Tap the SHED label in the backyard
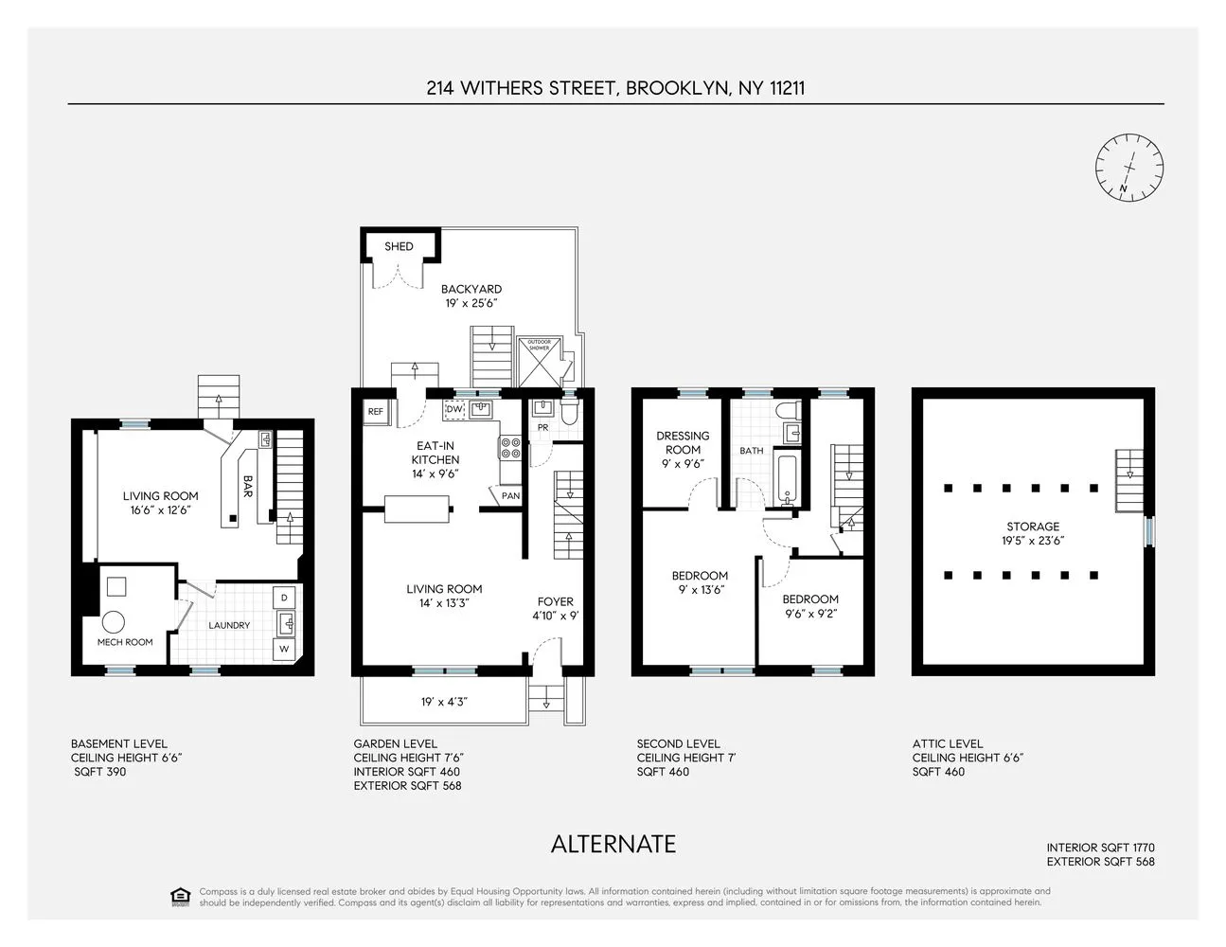pos(399,246)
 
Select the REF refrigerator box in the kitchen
pos(376,412)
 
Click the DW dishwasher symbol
pos(455,409)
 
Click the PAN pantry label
pos(509,496)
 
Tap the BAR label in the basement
pos(247,485)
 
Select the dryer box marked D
pos(284,599)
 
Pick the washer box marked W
pos(284,649)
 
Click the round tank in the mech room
pos(115,622)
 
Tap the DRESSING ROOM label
pos(683,443)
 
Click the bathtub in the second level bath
pos(787,479)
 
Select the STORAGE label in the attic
pos(1033,527)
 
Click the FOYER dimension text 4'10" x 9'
pos(556,616)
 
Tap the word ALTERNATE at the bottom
pos(613,844)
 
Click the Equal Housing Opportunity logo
pos(180,897)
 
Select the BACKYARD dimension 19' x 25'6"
pos(471,303)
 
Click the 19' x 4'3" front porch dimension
pos(444,702)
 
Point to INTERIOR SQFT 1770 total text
pos(1100,848)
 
